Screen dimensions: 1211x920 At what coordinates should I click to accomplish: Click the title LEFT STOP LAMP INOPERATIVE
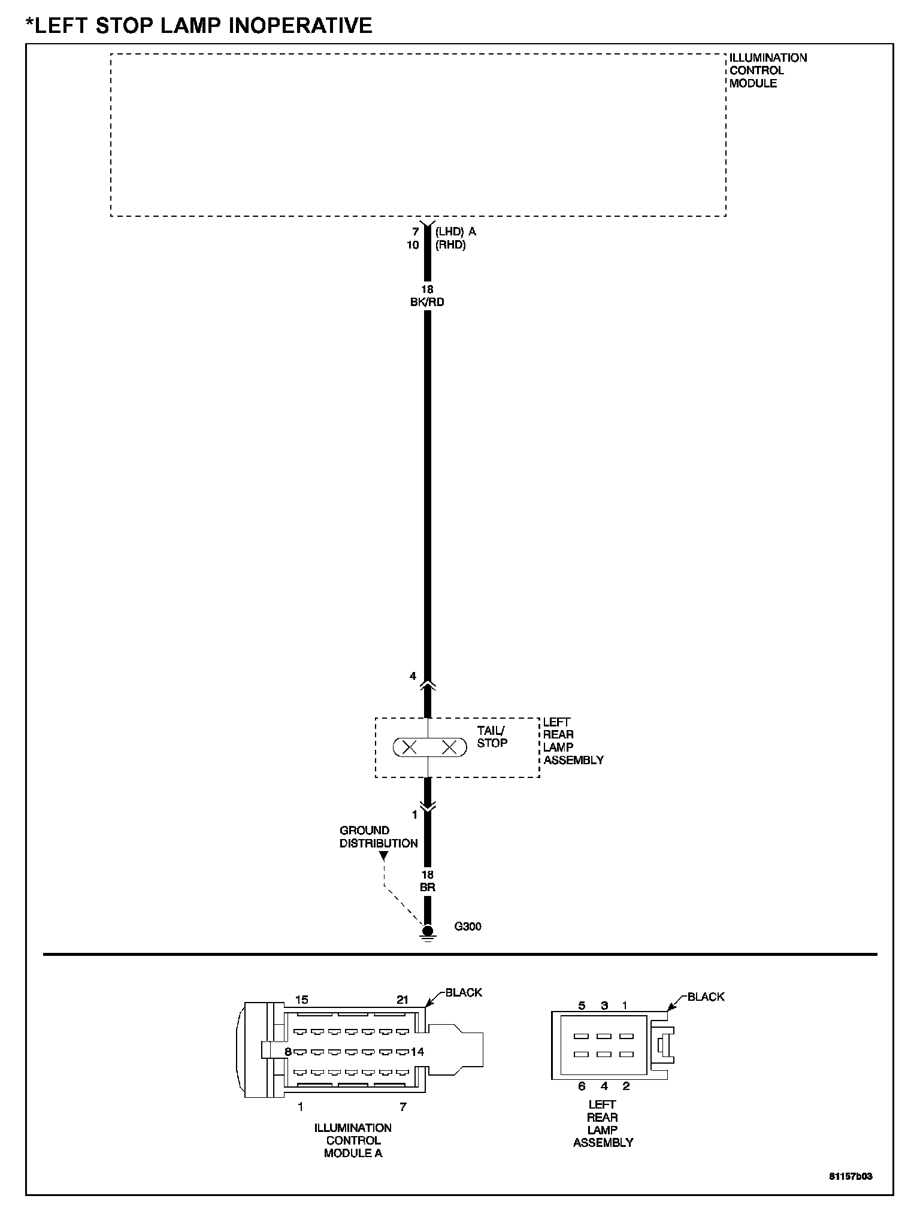coord(199,25)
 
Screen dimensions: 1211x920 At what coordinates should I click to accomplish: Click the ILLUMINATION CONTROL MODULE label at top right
coord(767,71)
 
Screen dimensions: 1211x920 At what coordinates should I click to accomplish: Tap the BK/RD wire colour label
coord(427,302)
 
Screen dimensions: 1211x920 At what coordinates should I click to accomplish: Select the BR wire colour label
coord(427,888)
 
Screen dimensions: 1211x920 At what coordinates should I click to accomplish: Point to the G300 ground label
coord(468,927)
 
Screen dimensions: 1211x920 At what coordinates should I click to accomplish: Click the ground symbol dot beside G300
coord(427,931)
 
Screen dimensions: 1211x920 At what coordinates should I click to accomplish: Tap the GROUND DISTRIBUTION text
coord(379,837)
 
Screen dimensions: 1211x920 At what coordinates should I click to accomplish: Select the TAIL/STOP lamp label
coord(492,737)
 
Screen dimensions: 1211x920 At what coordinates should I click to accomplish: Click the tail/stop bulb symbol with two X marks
coord(429,747)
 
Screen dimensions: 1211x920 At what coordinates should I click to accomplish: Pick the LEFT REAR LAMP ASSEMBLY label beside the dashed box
coord(573,741)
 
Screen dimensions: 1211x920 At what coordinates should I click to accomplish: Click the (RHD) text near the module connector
coord(450,245)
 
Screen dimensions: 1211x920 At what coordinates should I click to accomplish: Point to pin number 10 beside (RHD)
coord(413,245)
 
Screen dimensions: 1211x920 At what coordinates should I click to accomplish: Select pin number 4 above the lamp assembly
coord(413,676)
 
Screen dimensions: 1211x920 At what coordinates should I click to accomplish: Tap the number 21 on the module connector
coord(402,1000)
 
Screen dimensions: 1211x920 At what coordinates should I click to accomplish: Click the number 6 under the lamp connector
coord(582,1086)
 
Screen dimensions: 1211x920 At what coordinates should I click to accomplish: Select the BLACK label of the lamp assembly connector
coord(706,997)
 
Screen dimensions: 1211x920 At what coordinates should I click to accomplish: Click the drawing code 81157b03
coord(851,1176)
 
